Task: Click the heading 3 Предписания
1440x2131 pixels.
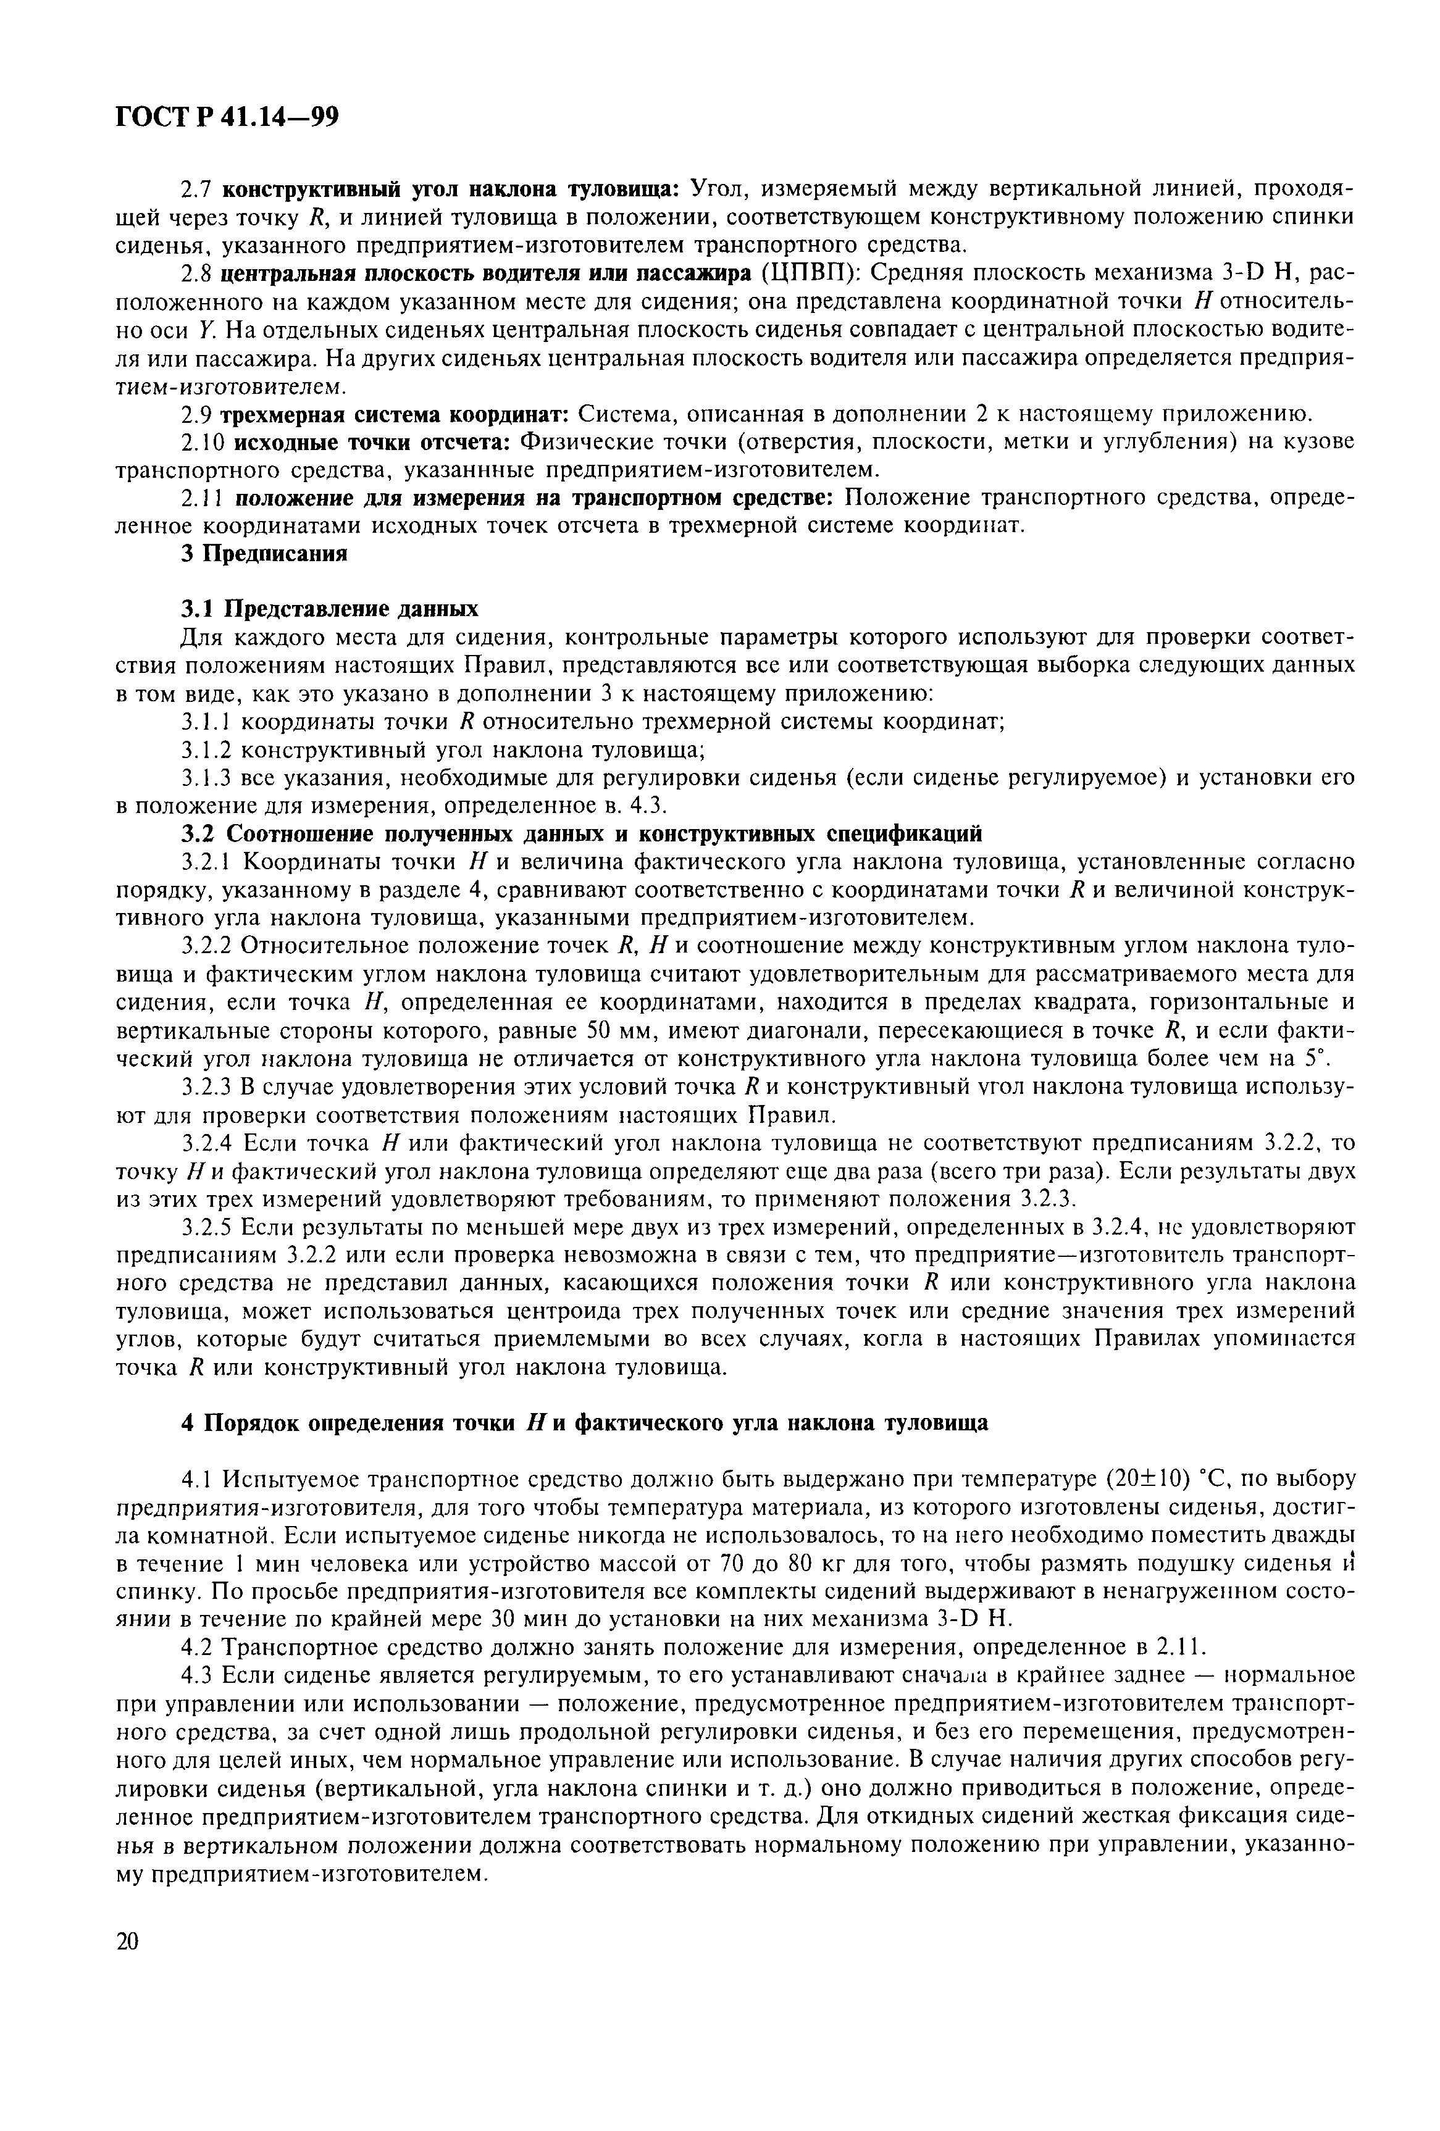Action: [264, 554]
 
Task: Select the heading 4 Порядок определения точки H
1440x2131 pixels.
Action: [584, 1423]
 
